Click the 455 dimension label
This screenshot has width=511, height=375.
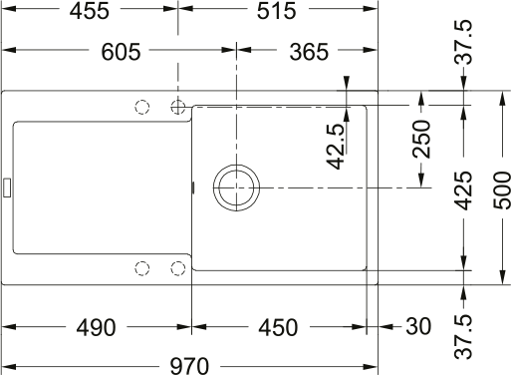coord(90,11)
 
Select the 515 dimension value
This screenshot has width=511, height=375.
coord(276,11)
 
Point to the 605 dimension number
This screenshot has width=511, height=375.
coord(121,52)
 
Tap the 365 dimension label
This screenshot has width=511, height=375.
coord(309,52)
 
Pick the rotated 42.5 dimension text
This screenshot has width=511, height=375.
coord(336,147)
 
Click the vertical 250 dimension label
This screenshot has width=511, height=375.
coord(421,139)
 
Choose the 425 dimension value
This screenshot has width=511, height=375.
coord(463,190)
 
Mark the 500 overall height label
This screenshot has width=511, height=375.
coord(502,190)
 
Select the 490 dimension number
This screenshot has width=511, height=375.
coord(96,327)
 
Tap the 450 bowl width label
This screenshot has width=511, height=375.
coord(278,327)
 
